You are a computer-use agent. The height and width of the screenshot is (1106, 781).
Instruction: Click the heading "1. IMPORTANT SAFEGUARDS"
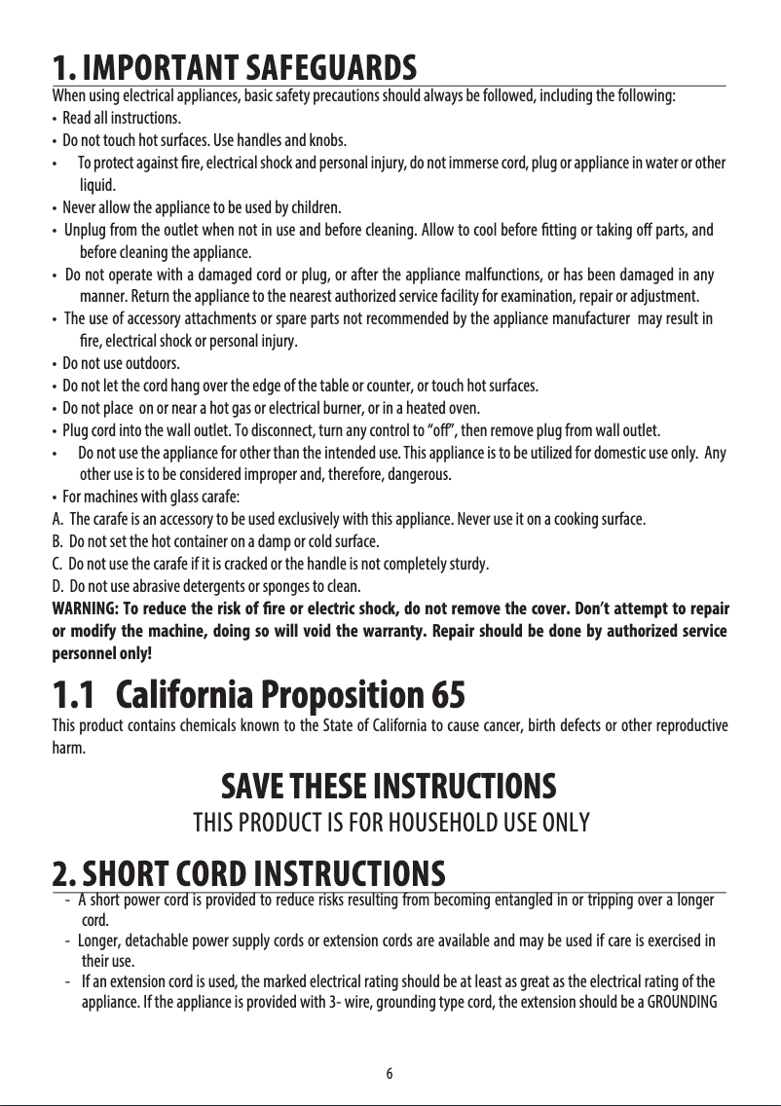coord(234,70)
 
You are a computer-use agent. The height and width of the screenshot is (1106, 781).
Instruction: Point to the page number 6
coord(390,1074)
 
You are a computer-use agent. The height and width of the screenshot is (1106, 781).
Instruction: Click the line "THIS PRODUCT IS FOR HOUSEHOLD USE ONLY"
coord(390,825)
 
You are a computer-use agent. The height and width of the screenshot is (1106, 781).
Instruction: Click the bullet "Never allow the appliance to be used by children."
coord(202,207)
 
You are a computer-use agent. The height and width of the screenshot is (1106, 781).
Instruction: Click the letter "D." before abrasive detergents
coord(57,587)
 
